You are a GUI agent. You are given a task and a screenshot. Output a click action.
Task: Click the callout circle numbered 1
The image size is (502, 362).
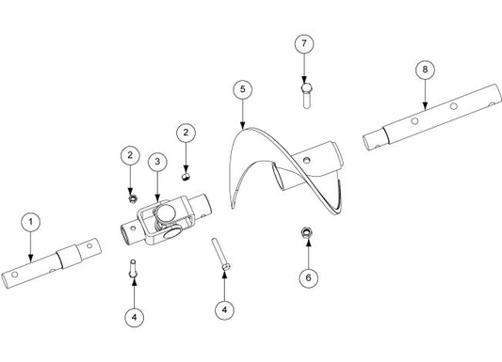[31, 222]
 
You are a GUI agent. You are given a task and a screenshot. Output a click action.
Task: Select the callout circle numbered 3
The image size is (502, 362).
[157, 162]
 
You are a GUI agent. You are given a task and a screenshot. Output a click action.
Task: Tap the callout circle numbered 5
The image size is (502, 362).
[243, 89]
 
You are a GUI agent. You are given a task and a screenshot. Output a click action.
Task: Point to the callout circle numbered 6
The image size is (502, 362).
[308, 277]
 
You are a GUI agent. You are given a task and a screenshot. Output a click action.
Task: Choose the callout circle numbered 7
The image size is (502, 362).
[304, 43]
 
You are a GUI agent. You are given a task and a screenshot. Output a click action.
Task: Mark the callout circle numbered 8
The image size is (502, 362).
[425, 70]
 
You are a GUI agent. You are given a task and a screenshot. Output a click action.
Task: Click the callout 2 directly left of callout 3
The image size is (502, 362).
[130, 155]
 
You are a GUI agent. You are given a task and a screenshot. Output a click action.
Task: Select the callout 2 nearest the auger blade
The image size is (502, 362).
[186, 133]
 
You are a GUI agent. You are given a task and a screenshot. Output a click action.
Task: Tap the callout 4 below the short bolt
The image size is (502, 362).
[134, 318]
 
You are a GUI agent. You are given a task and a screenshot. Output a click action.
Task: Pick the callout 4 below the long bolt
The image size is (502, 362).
[225, 310]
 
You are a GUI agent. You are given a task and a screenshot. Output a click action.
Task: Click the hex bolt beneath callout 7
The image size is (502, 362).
[306, 95]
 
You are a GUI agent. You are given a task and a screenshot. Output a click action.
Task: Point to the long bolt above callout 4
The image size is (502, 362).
[220, 255]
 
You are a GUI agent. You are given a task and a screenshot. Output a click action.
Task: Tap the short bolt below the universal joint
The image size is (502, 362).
[133, 268]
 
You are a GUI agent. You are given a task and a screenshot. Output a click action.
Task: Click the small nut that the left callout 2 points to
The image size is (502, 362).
[132, 198]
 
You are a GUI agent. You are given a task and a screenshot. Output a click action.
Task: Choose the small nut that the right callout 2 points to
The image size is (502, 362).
[185, 177]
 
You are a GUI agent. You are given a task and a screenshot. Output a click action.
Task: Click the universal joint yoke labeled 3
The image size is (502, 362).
[167, 220]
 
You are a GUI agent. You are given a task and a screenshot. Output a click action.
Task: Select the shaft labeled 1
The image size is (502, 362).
[51, 263]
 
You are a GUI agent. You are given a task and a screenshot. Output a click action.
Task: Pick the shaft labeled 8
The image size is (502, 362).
[432, 117]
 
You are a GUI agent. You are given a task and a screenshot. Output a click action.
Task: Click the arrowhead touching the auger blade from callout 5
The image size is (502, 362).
[243, 126]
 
